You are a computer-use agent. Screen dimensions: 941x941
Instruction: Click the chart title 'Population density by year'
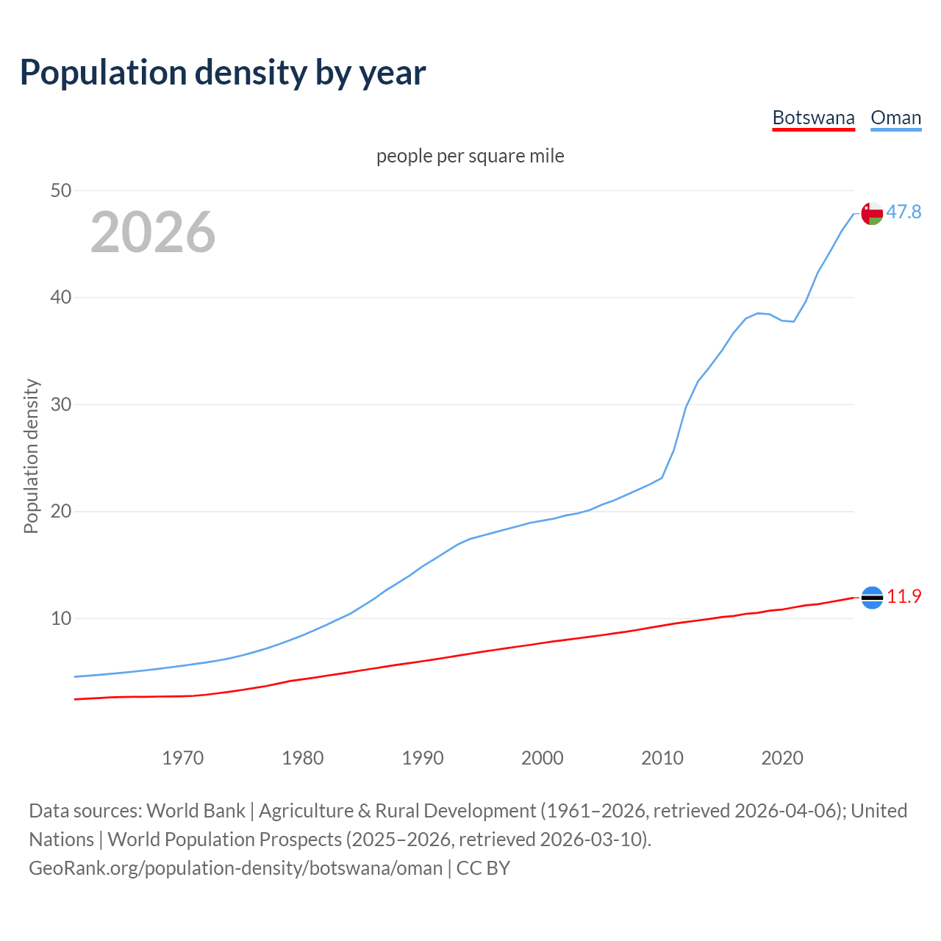click(223, 73)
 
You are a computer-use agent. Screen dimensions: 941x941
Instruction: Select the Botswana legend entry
click(813, 118)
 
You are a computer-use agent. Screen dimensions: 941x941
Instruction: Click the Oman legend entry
click(895, 118)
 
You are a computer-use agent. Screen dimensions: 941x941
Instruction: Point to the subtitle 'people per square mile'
click(470, 156)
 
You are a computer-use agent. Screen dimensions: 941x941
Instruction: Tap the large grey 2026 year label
click(153, 232)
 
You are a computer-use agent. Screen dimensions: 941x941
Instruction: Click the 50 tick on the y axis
click(61, 190)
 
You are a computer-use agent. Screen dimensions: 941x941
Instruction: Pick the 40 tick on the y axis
click(61, 298)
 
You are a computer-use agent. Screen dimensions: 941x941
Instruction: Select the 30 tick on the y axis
click(61, 404)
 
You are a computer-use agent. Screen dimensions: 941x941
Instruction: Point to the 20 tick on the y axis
click(61, 511)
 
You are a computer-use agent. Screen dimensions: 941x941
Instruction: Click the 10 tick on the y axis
click(61, 618)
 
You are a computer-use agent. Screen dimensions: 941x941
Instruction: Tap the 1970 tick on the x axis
click(182, 758)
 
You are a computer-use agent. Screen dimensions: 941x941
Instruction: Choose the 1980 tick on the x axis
click(302, 758)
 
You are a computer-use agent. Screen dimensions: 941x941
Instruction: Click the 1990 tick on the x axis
click(422, 758)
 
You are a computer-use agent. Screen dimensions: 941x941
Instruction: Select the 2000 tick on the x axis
click(542, 758)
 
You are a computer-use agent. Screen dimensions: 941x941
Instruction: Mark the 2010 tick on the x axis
click(662, 758)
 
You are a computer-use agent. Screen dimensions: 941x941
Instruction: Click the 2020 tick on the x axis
click(781, 758)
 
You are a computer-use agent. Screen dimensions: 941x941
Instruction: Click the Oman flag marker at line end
click(872, 213)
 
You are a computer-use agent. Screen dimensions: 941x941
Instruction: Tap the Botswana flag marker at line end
click(872, 598)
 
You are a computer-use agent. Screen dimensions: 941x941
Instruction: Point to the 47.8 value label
click(904, 212)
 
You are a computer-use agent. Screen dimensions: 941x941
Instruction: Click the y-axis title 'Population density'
click(31, 456)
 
